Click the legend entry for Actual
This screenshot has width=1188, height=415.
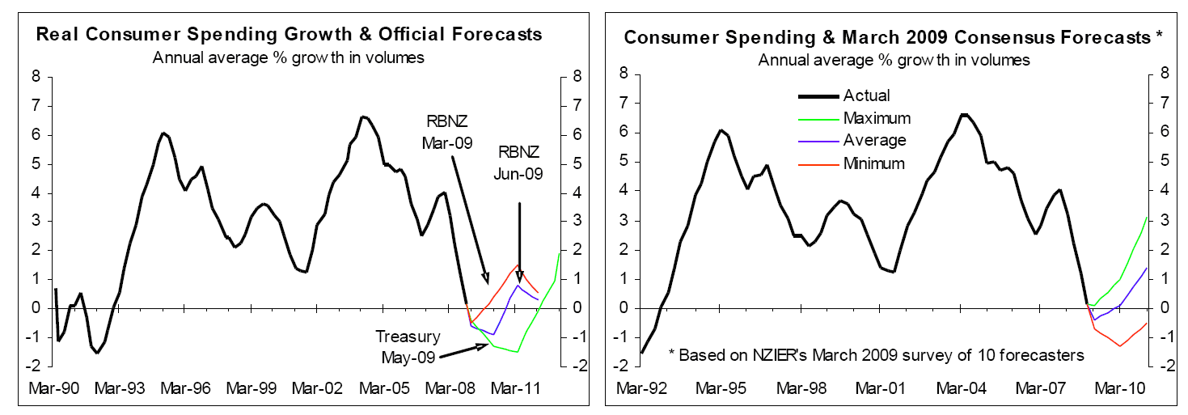point(866,96)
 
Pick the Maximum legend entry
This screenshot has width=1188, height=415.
point(877,118)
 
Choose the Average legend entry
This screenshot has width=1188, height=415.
point(873,140)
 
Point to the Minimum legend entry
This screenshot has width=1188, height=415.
point(873,163)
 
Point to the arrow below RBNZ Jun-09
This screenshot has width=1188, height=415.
point(519,243)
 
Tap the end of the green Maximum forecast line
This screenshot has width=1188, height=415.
point(1147,217)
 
